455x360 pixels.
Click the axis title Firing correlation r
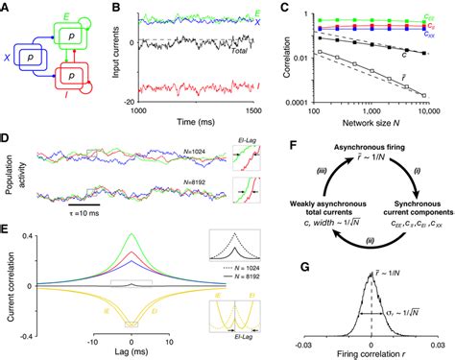tap(371, 351)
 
